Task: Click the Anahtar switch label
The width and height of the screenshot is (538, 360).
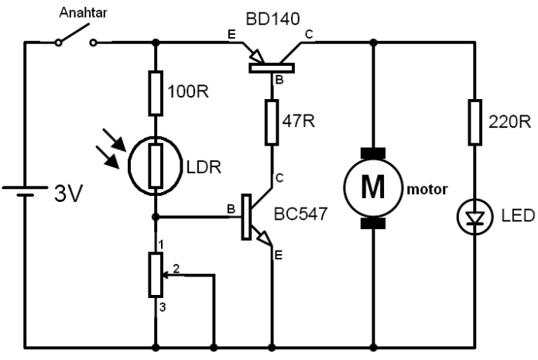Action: tap(83, 12)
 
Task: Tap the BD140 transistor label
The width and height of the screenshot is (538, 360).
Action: tap(272, 19)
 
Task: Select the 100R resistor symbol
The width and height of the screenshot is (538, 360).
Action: tap(156, 93)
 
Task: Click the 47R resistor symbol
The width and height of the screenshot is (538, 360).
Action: tap(272, 122)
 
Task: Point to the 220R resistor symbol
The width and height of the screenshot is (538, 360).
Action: tap(475, 122)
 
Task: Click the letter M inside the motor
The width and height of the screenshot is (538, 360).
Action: tap(373, 187)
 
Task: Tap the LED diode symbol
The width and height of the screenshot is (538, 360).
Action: tap(475, 218)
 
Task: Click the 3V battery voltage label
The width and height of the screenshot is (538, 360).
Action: tap(69, 194)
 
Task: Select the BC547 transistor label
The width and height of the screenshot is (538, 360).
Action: tap(300, 214)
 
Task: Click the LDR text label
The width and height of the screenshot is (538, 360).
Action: tap(204, 167)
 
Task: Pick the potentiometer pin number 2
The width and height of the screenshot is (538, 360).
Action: tap(176, 269)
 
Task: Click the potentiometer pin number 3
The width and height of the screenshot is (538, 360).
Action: tap(163, 307)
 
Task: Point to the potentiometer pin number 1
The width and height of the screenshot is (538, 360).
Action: tap(160, 245)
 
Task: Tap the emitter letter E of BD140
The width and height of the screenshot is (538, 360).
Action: tap(231, 35)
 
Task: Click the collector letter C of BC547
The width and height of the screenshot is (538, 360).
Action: tap(279, 178)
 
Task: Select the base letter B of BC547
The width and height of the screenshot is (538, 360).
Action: tap(231, 209)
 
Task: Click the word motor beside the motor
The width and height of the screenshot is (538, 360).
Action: tap(427, 190)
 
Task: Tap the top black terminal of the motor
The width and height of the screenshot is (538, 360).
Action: tap(373, 153)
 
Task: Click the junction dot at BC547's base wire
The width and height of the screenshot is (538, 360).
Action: tap(156, 217)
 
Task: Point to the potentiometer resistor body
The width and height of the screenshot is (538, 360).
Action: tap(156, 275)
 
